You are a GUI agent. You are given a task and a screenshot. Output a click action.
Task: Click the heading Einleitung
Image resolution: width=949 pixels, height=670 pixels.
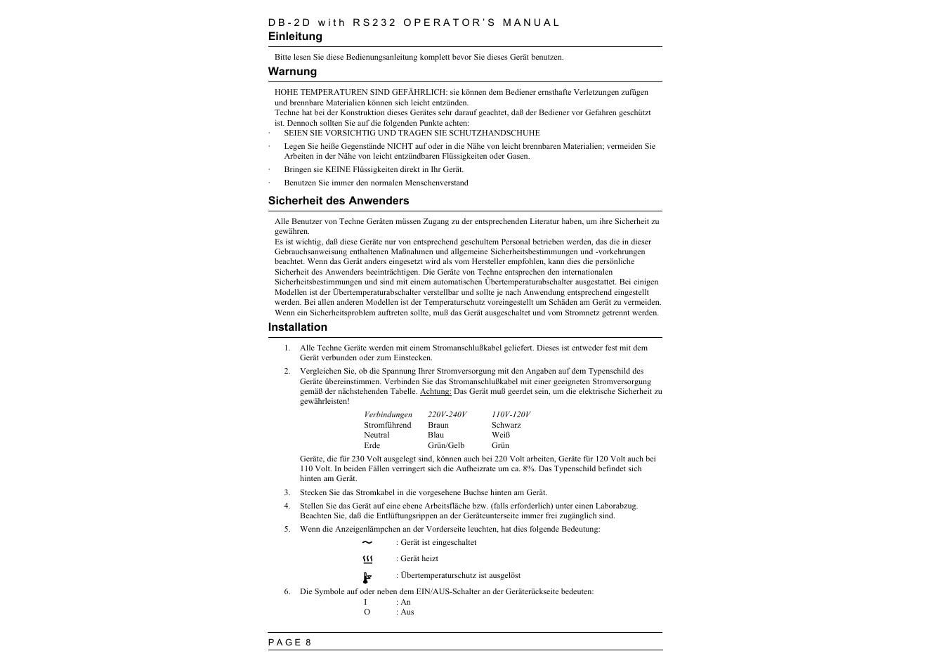click(295, 37)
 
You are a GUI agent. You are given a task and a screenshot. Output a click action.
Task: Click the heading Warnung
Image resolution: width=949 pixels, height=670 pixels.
click(292, 72)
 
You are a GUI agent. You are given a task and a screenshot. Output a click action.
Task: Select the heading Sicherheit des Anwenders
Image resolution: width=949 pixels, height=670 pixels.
click(338, 201)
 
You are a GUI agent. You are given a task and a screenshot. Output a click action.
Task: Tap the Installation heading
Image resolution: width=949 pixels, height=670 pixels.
click(297, 327)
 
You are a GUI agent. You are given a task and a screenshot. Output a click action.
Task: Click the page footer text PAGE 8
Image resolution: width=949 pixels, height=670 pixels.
click(289, 642)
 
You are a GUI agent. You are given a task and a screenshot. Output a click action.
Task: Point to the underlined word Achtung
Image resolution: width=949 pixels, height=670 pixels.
click(436, 392)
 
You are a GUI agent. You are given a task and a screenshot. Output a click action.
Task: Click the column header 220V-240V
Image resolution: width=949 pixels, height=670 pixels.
click(447, 415)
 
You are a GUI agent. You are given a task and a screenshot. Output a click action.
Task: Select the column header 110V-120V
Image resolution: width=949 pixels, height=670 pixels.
click(511, 415)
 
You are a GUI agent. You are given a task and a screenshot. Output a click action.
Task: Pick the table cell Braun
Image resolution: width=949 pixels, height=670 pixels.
click(438, 425)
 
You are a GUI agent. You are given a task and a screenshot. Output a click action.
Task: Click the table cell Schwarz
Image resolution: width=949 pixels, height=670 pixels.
click(506, 425)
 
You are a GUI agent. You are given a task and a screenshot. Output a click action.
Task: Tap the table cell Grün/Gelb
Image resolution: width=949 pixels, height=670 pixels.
click(445, 445)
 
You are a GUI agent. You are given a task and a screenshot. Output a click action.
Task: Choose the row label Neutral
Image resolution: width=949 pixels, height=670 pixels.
click(377, 435)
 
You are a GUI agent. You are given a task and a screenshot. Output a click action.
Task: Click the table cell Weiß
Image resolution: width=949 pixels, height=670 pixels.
click(500, 435)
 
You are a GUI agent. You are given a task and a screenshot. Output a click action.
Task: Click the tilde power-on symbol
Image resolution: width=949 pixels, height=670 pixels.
click(367, 543)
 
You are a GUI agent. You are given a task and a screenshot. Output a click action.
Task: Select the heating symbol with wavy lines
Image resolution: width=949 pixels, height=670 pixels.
click(367, 559)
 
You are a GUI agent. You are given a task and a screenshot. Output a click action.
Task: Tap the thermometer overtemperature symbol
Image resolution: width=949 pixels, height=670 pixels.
click(367, 577)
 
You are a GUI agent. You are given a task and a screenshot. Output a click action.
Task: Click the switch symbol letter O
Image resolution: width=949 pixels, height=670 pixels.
click(367, 612)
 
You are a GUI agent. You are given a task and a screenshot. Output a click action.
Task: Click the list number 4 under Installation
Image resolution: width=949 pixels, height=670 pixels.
click(287, 506)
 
